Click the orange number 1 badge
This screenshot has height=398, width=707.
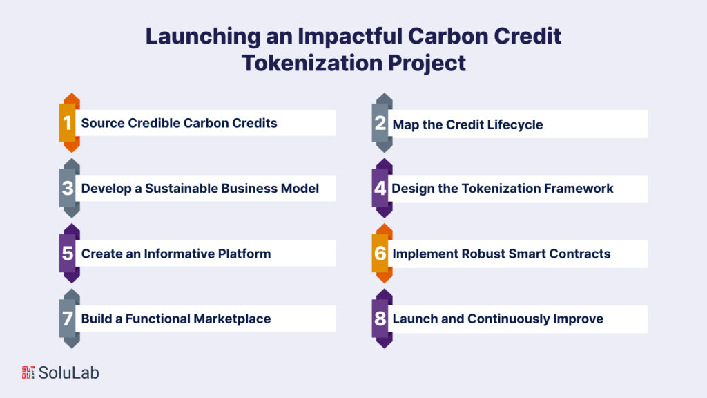pos(68,123)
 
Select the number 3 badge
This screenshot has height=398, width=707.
pos(68,188)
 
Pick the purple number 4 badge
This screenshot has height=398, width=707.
pos(380,188)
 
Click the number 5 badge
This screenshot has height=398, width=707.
pos(68,253)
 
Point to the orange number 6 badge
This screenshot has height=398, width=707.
pos(380,253)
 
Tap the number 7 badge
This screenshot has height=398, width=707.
pos(68,319)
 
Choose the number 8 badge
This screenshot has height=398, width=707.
pos(380,319)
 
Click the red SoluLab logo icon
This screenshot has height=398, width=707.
pos(28,372)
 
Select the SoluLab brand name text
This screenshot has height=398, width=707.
pos(68,372)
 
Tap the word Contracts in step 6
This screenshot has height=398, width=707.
pos(580,254)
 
